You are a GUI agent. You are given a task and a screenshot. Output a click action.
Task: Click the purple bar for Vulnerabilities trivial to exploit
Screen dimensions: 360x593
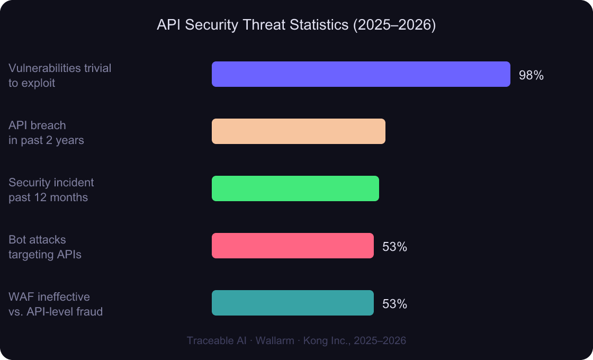[x=361, y=74]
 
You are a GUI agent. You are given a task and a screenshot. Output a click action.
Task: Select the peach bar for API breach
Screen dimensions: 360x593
[x=298, y=131]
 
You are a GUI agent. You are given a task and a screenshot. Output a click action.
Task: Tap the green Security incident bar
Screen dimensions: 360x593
[x=295, y=188]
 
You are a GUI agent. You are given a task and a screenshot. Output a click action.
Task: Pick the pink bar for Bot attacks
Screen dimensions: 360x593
[x=292, y=246]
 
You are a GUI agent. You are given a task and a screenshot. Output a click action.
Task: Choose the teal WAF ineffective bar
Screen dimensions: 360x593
[x=292, y=303]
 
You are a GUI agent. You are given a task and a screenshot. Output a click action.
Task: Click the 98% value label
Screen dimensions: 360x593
[x=531, y=75]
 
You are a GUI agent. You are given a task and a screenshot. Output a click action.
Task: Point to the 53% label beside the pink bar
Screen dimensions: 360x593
[x=394, y=247]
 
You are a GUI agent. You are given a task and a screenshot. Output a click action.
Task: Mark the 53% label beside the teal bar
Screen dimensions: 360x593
[x=394, y=304]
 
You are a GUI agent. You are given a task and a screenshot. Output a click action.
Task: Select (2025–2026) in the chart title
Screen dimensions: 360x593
[x=394, y=26]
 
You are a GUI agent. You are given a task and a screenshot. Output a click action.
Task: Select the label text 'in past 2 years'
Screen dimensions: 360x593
[x=46, y=140]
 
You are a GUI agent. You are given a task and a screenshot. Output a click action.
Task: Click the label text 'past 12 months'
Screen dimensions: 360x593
[x=48, y=197]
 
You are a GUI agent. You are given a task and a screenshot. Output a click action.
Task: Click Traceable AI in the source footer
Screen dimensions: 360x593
[x=217, y=340]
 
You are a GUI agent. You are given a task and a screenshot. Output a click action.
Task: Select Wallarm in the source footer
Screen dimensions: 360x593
[x=275, y=340]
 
